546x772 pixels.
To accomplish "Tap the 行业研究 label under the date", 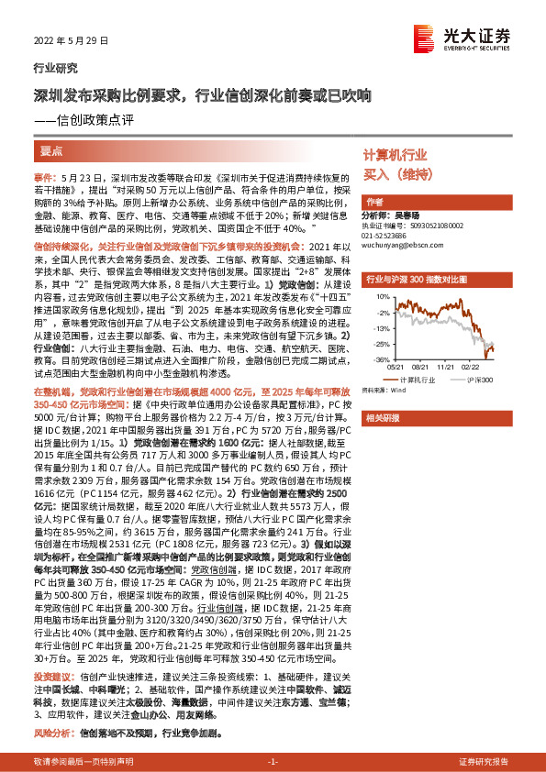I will click(x=55, y=68).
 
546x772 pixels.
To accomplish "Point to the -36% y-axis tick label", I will click(x=380, y=360).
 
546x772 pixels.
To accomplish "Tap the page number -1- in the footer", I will click(x=272, y=762).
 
